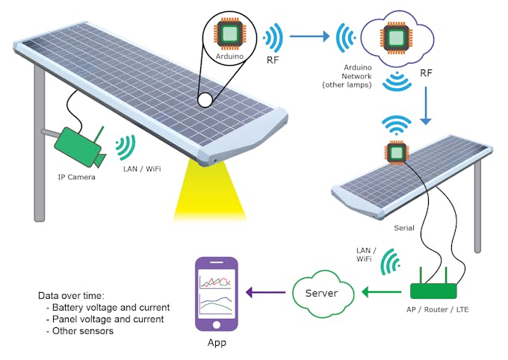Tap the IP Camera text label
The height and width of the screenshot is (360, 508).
77,177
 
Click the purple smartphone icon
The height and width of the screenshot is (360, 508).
216,294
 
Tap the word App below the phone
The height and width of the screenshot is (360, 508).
216,343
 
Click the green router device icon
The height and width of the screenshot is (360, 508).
434,291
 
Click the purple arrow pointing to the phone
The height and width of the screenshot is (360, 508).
264,293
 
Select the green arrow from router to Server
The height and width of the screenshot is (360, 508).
380,292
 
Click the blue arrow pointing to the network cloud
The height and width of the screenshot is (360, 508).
309,35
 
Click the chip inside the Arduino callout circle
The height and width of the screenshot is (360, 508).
230,34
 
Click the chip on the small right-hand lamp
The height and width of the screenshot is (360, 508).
395,152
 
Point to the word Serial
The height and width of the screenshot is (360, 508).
404,228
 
